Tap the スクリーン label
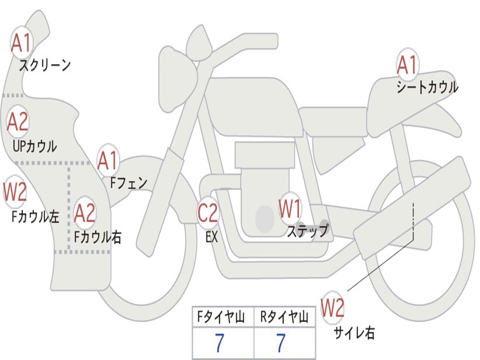(x=45, y=65)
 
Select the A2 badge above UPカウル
(x=18, y=122)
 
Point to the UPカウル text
(x=35, y=146)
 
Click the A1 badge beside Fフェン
(x=108, y=161)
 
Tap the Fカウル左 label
(x=36, y=216)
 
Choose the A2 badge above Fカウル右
(x=85, y=213)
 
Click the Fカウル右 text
(x=97, y=237)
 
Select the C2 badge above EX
(x=208, y=213)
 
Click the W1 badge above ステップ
(x=290, y=209)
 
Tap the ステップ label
(x=307, y=231)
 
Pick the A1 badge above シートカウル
(x=407, y=65)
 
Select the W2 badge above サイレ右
(x=332, y=308)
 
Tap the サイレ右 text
(x=354, y=333)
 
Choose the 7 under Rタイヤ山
(x=280, y=344)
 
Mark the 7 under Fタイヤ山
(x=219, y=344)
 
